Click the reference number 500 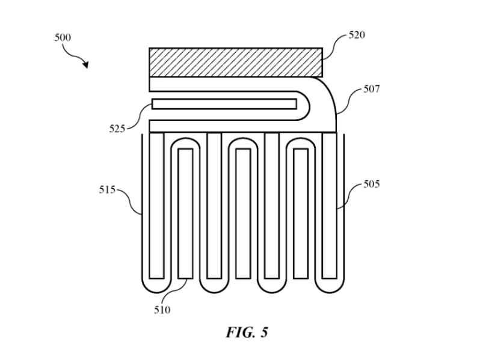[x=62, y=38]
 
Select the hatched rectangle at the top [x=236, y=62]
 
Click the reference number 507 [x=372, y=90]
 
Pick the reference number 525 [x=117, y=128]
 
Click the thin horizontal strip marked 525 [x=224, y=104]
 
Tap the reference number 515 [x=107, y=190]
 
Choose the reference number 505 [x=371, y=185]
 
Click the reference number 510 [x=162, y=310]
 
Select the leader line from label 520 [x=335, y=41]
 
